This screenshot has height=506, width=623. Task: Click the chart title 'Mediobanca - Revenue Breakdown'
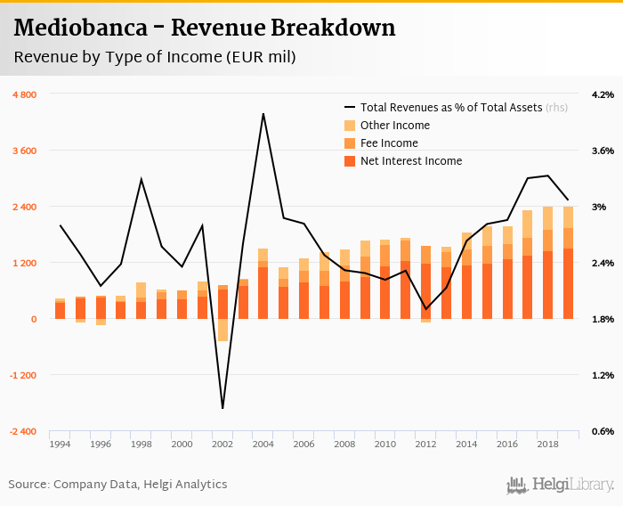coord(205,28)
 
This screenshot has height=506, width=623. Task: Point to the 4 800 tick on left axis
coord(23,94)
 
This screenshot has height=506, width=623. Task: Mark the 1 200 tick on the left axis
coord(23,263)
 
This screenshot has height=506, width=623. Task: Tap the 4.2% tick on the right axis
coord(603,94)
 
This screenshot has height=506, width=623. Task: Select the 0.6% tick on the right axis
coord(603,431)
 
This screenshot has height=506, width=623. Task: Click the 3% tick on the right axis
coord(599,207)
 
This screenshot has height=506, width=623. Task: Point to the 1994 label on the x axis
coord(60,444)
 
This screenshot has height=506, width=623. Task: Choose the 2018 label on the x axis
coord(547,444)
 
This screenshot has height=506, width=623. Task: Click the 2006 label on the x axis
coord(303,444)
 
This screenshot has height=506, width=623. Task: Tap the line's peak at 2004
coord(263,114)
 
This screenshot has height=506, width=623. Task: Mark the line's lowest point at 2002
coord(222,408)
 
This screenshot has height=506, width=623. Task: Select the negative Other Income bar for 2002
coord(222,330)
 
